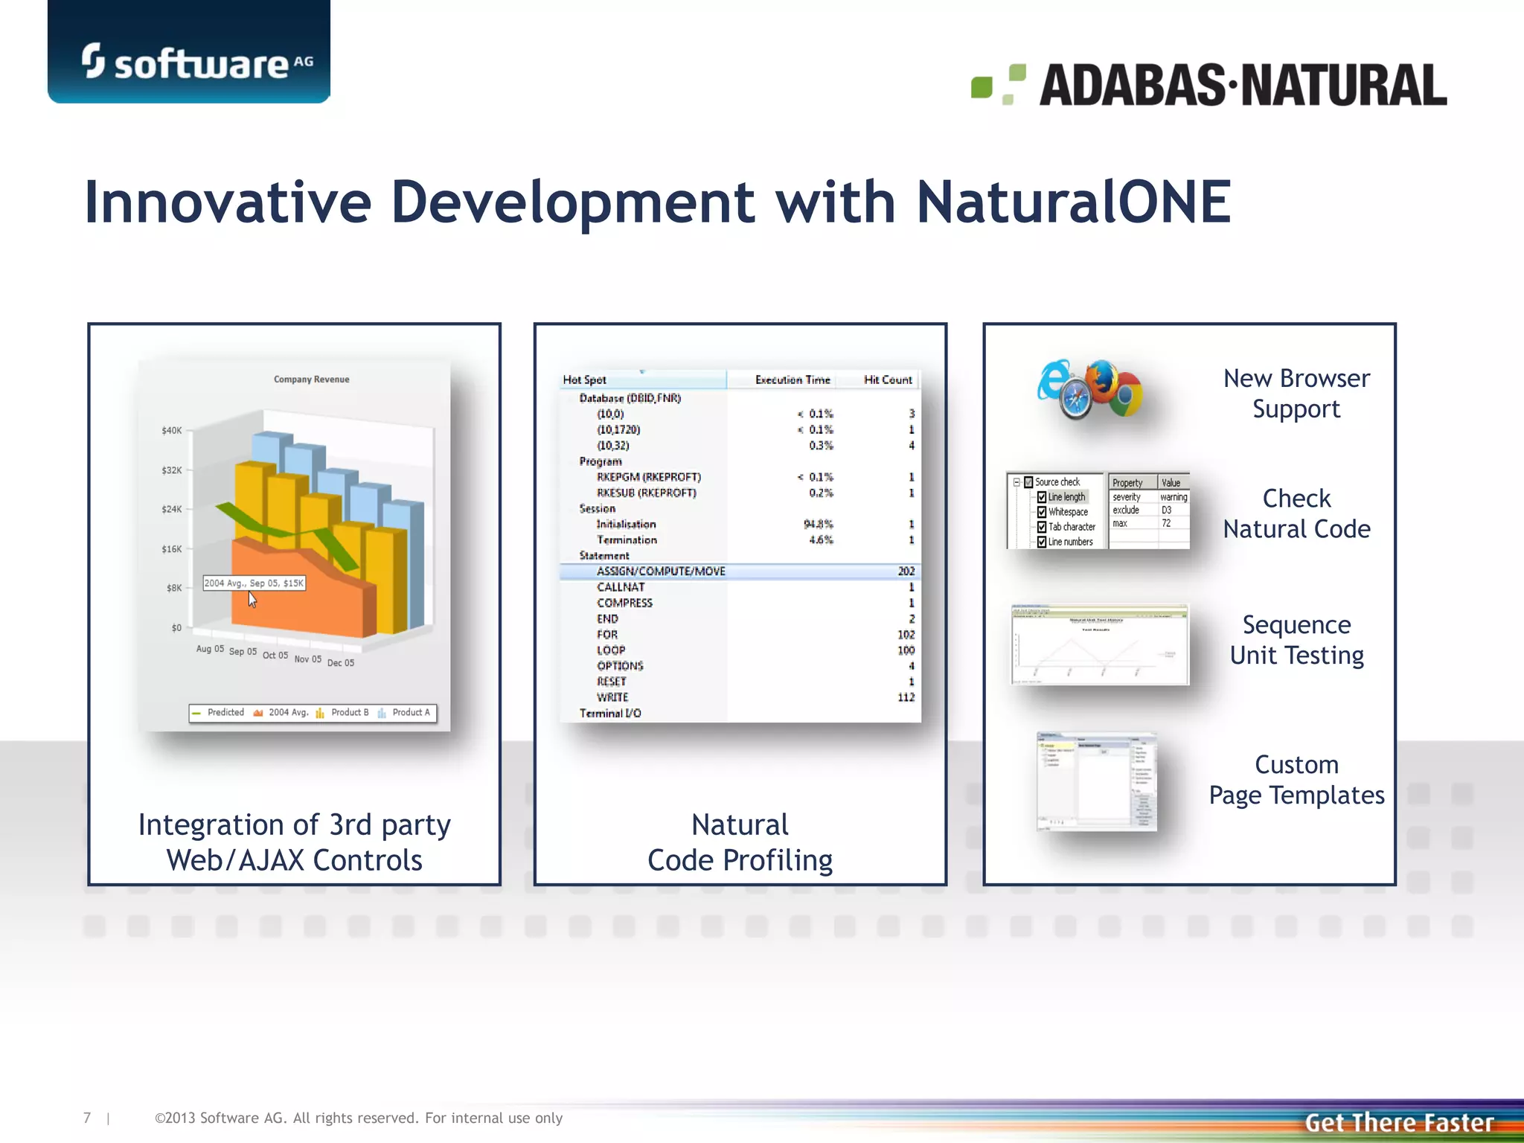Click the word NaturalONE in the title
(1073, 202)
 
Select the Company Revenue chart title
(311, 380)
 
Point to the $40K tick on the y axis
(171, 430)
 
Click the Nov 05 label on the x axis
(307, 659)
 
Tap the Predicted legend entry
(225, 713)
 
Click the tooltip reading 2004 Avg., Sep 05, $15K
(254, 583)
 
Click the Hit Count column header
(887, 380)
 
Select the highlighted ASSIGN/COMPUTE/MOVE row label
(661, 571)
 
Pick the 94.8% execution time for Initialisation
(818, 524)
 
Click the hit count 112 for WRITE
(906, 697)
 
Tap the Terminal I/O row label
(610, 713)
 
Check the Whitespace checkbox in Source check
(1042, 512)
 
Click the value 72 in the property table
(1166, 524)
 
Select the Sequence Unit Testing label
(1296, 640)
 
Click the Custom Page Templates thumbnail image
(1096, 781)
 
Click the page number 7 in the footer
(87, 1118)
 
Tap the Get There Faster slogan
(1399, 1122)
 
